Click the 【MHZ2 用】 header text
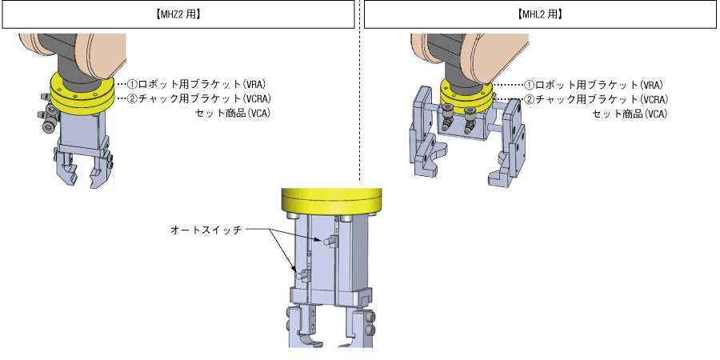click(x=179, y=14)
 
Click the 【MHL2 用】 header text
click(x=538, y=14)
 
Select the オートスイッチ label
click(x=206, y=230)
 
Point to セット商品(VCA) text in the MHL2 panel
click(x=630, y=113)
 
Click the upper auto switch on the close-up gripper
click(x=331, y=240)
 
